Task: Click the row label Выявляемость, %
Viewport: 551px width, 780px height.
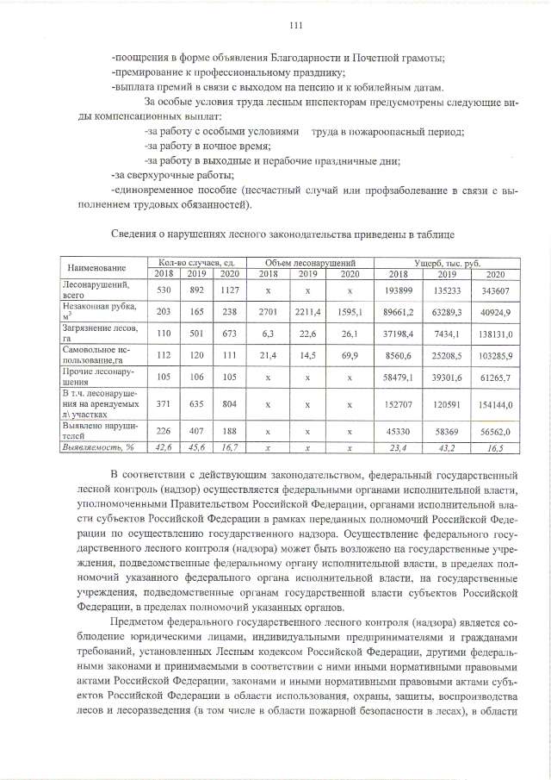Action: coord(95,448)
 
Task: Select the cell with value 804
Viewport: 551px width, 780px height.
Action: coord(229,403)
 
